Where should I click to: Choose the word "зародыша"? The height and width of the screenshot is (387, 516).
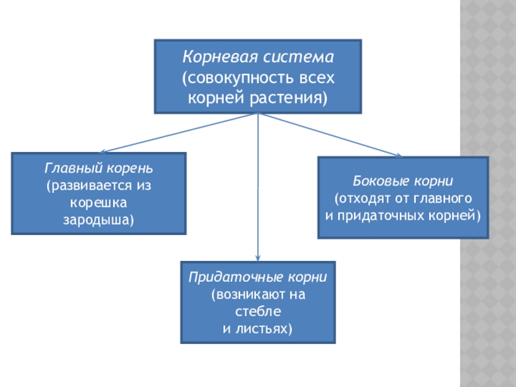[98, 220]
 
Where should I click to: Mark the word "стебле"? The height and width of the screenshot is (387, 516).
[258, 312]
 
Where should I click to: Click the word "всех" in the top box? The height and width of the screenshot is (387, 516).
[317, 78]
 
